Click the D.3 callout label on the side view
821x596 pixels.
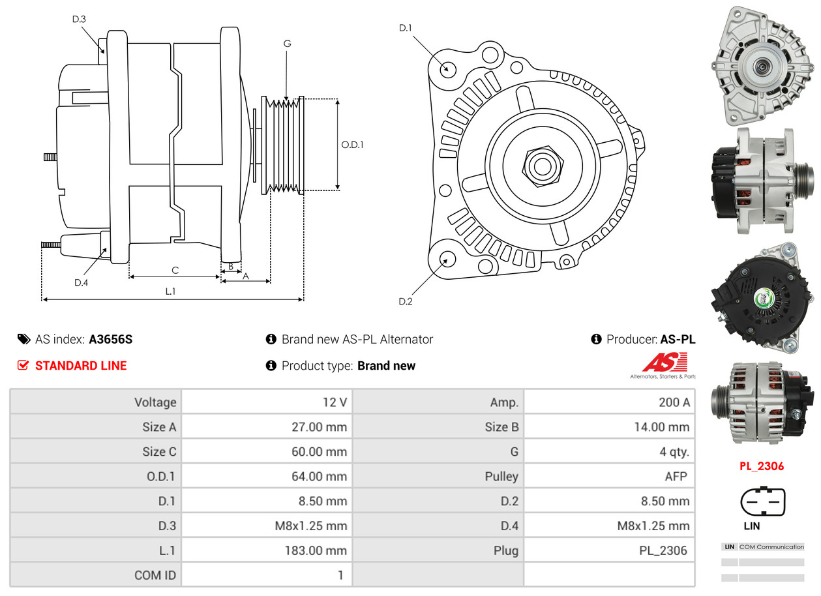click(x=79, y=19)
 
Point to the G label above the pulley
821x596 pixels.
click(x=287, y=44)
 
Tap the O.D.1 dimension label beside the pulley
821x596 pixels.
click(x=352, y=144)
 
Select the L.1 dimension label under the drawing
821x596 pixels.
click(x=170, y=291)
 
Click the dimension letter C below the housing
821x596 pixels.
click(x=175, y=270)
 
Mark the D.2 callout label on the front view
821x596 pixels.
click(x=406, y=301)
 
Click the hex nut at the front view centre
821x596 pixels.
click(x=541, y=165)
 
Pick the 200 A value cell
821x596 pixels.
click(x=674, y=402)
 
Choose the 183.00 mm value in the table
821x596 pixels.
click(x=316, y=550)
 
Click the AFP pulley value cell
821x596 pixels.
click(x=676, y=477)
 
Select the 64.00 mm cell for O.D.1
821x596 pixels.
click(x=319, y=477)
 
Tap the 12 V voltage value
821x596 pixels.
click(x=335, y=402)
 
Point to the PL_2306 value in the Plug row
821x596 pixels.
click(x=663, y=550)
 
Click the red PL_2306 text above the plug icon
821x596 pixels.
click(x=762, y=466)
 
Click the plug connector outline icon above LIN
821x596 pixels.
click(x=762, y=503)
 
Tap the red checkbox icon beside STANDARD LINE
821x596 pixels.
click(x=23, y=365)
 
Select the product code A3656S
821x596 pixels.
click(x=111, y=339)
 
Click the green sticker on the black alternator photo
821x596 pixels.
click(x=762, y=299)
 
